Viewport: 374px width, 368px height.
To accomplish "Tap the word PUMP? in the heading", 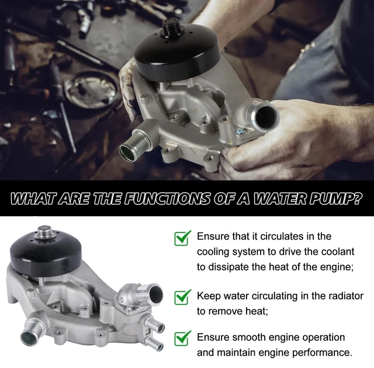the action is [335, 198].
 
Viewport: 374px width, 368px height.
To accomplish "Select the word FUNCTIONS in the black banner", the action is [168, 198].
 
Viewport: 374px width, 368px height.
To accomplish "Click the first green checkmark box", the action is [183, 238].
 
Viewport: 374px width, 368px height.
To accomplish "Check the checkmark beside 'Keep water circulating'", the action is [183, 297].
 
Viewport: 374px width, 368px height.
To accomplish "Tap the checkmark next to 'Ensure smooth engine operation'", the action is [183, 338].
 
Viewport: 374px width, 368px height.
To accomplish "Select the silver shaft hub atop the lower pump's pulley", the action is [46, 232].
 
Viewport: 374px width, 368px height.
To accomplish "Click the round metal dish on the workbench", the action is [91, 89].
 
